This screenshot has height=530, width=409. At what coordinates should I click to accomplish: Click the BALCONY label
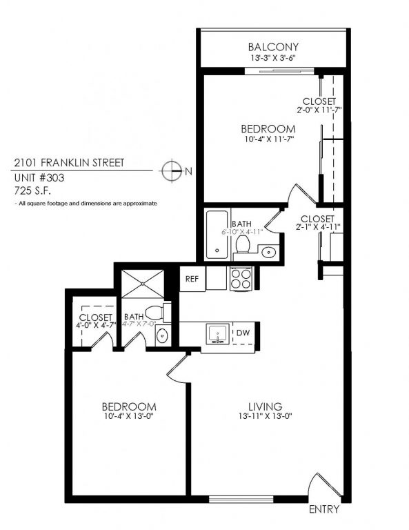274,47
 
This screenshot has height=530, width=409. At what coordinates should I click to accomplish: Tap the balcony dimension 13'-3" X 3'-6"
274,59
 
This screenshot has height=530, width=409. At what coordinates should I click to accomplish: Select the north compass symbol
170,170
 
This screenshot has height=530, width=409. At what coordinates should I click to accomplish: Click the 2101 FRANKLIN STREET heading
69,164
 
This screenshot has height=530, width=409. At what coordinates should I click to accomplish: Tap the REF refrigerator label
192,279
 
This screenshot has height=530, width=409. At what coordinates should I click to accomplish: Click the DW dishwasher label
243,333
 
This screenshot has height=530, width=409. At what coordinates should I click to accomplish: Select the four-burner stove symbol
241,278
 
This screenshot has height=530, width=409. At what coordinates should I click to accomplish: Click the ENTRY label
324,511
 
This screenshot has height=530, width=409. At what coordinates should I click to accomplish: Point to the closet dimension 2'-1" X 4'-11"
318,226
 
